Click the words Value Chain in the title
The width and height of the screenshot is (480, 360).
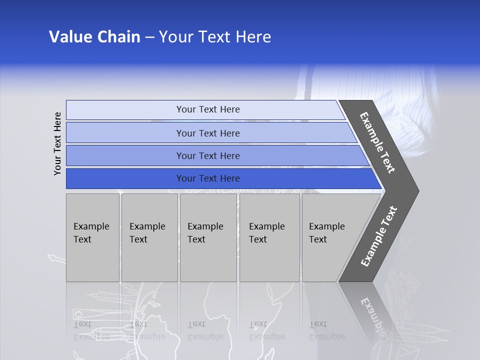[94, 37]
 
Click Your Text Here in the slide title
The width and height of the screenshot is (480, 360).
[215, 37]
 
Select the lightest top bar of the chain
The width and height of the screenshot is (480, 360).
[207, 109]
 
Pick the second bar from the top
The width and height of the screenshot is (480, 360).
[207, 133]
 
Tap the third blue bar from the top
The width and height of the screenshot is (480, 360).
[207, 155]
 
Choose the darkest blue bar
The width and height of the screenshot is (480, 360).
[207, 178]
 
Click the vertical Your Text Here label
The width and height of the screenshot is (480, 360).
[57, 143]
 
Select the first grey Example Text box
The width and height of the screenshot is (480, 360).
[92, 237]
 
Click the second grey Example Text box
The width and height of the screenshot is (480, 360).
[149, 237]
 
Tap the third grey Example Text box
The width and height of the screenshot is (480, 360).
[208, 237]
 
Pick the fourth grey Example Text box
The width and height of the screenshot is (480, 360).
[269, 237]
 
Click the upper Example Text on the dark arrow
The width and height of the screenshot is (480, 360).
[377, 142]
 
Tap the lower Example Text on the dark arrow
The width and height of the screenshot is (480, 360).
[378, 236]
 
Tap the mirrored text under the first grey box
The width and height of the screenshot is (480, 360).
[90, 330]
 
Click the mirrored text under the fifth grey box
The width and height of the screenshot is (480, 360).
[326, 330]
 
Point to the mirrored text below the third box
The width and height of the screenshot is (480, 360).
[205, 330]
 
